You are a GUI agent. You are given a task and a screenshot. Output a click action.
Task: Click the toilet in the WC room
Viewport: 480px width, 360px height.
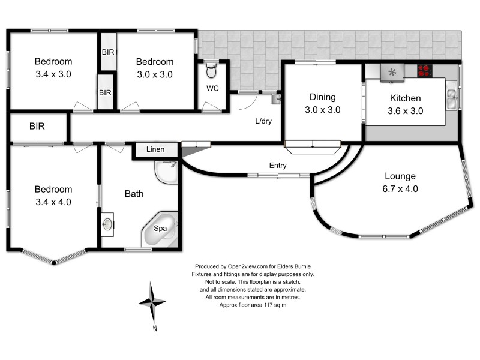210,72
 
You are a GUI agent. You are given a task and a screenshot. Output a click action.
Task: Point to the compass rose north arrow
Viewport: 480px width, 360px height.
154,302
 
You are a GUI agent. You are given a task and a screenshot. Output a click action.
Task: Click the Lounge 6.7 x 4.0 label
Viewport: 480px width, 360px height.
400,182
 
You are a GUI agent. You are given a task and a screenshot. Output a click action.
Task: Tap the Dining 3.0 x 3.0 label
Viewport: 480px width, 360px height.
322,103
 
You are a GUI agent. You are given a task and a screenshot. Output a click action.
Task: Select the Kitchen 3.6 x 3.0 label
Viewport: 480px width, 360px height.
405,104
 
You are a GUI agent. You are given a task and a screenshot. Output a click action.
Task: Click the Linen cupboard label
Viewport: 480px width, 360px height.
156,149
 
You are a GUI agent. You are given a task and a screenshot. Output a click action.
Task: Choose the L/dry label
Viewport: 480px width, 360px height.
263,121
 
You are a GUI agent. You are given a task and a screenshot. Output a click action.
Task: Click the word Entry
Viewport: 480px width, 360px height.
278,166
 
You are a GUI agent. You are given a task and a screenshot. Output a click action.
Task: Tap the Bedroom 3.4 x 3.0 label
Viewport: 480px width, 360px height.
53,68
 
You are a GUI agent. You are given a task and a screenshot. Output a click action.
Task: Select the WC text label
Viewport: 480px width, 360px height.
212,89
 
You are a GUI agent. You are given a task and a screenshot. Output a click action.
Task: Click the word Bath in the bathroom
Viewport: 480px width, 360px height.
134,194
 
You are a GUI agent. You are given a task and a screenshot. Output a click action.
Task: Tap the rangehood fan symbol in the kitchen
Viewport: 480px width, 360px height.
393,72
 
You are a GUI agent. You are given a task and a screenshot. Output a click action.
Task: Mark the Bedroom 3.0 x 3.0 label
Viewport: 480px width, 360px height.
154,68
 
